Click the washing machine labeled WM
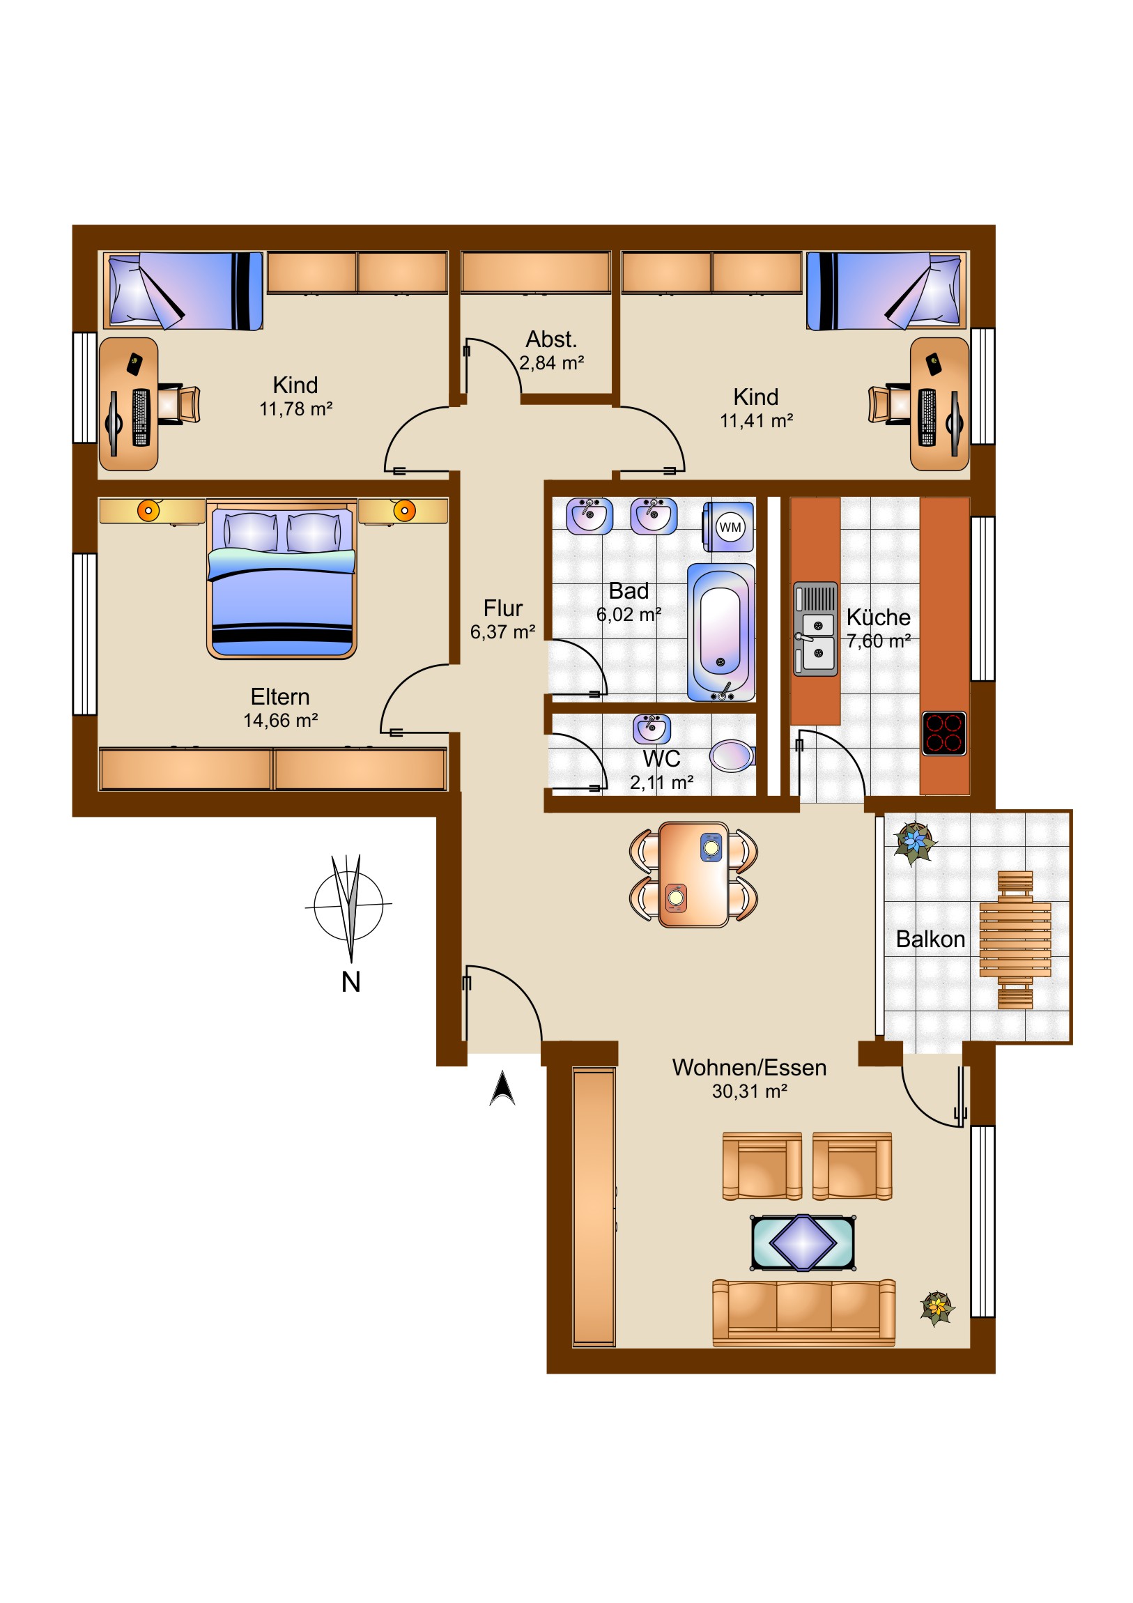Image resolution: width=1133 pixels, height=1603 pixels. (728, 526)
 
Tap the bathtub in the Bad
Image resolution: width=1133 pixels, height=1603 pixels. (721, 633)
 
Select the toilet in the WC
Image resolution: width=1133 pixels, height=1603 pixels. (732, 755)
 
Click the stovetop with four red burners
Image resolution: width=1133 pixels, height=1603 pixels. (943, 733)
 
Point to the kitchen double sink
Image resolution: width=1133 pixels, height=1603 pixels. (815, 629)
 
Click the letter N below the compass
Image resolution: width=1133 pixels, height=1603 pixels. (350, 981)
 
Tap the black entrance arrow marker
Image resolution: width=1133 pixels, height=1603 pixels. (502, 1089)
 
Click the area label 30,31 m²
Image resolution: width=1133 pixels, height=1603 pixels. (749, 1091)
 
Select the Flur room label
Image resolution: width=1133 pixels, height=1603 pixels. (502, 608)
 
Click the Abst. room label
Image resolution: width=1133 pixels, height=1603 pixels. (551, 339)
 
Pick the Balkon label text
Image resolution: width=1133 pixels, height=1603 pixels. (930, 939)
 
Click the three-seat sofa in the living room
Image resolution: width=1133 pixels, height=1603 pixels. (803, 1312)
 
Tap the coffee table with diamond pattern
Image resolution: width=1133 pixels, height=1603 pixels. (803, 1243)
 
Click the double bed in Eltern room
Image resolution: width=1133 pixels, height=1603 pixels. (282, 578)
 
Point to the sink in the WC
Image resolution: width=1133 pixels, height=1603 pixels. (652, 728)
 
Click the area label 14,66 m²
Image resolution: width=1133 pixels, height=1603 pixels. (281, 721)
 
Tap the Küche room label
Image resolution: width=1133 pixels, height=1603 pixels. (878, 618)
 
